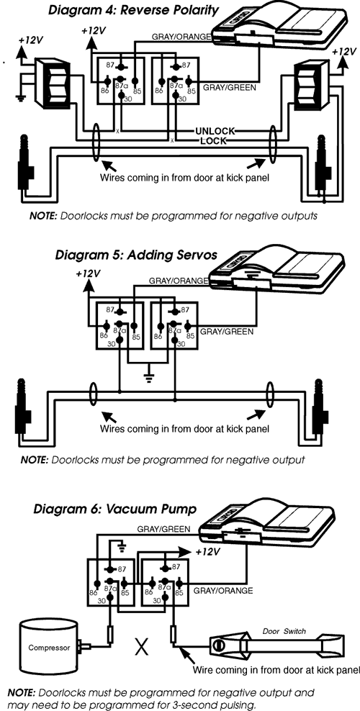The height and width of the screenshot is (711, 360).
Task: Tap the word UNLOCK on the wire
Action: [215, 131]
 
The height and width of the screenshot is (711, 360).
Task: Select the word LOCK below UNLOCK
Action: [214, 141]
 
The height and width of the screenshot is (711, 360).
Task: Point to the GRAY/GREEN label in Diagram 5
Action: [227, 332]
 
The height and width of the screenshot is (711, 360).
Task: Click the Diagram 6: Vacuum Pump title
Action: [114, 509]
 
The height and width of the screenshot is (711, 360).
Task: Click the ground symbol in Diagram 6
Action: [121, 543]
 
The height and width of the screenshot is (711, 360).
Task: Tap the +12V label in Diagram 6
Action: [207, 553]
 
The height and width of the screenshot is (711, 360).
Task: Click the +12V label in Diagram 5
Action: [89, 274]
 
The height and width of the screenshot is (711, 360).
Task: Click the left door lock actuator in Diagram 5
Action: [21, 402]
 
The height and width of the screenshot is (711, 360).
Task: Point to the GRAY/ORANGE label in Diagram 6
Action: [223, 590]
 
